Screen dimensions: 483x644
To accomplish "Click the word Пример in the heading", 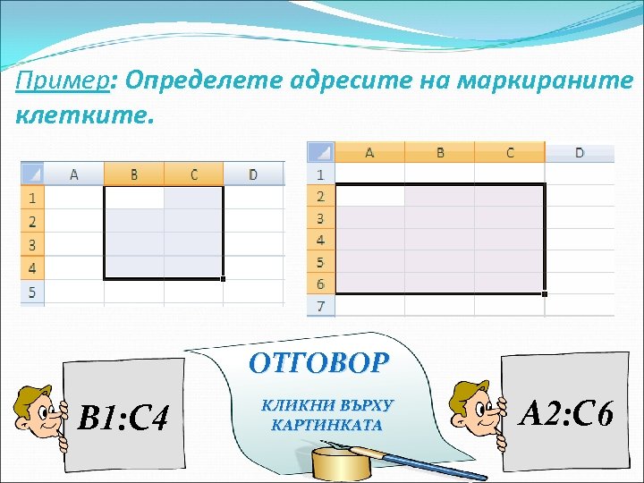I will pos(61,82).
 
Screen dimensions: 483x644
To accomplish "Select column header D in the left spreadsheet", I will pos(253,174).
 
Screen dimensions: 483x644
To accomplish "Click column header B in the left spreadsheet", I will pos(134,174).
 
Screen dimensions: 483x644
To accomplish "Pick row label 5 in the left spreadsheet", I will pos(32,292).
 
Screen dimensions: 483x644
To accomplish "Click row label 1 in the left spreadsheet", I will pos(32,197).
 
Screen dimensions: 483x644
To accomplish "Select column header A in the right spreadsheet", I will pos(369,153).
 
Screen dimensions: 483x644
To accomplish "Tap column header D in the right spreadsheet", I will pos(579,153).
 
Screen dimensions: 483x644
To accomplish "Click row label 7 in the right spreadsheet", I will pos(320,306).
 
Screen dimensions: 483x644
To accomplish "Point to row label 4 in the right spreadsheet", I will pos(320,240).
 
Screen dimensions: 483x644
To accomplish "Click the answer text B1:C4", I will pos(123,417).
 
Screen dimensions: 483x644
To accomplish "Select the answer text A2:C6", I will pos(566,413).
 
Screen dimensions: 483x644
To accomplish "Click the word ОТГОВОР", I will pos(319,362).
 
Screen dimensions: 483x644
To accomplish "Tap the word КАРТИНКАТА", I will pos(326,425).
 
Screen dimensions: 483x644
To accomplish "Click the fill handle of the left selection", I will pos(223,279).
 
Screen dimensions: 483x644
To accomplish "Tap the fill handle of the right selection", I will pos(544,293).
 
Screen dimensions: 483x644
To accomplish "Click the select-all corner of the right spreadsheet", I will pos(320,152).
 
